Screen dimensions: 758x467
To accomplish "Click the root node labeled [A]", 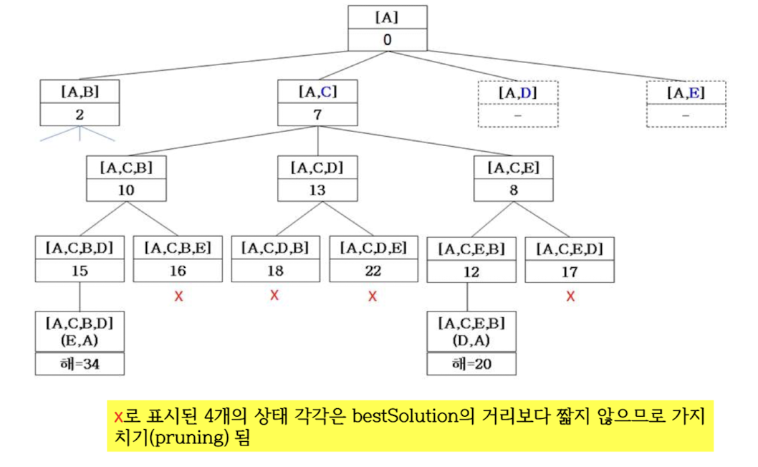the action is coord(387,17).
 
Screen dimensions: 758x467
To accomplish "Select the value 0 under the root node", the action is coord(387,40).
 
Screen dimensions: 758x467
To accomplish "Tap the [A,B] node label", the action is coord(79,92).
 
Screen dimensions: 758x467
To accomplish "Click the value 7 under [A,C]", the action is coord(317,115).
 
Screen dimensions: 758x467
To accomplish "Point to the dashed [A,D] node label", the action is coord(517,92).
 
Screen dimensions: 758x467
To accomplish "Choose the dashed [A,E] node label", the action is coord(686,92).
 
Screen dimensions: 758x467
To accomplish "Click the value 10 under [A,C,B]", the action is coord(126,191).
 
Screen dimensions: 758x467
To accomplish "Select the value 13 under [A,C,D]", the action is coord(317,191).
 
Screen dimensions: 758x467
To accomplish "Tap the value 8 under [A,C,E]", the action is coord(512,191).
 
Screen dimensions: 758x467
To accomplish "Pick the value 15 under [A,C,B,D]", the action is coord(79,271).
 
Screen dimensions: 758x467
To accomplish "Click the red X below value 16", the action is coord(178,296).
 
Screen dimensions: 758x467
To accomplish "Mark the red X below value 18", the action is coord(274,294).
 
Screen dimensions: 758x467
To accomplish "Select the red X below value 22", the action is coord(372,296).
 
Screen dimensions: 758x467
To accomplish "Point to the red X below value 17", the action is coord(570,296).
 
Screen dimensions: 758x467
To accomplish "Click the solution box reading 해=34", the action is coord(79,364).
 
